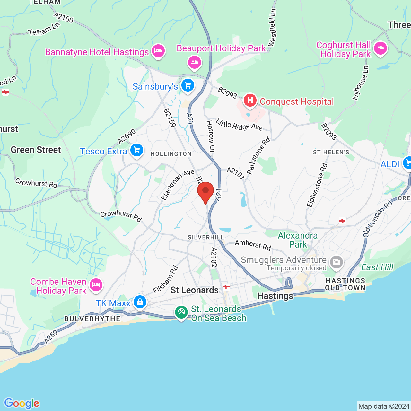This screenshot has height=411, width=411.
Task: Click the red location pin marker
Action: [205, 191]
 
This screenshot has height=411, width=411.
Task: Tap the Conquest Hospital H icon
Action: [250, 101]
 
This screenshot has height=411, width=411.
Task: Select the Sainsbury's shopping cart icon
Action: [188, 86]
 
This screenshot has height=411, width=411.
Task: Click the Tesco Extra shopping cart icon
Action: [137, 150]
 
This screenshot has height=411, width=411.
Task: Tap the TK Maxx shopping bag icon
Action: [140, 302]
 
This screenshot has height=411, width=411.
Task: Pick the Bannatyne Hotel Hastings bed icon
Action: [158, 51]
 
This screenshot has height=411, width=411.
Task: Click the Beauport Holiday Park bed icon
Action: [195, 62]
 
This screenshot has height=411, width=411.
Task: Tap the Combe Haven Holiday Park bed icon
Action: [96, 285]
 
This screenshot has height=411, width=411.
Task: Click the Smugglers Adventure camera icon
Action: [336, 262]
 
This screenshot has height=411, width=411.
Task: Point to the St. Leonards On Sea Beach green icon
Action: [181, 312]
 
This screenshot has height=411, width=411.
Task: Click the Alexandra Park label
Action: [298, 240]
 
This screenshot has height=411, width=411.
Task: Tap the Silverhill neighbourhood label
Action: [206, 237]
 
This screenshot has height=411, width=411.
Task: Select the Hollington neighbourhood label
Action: [171, 154]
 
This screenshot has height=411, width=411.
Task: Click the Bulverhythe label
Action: [92, 319]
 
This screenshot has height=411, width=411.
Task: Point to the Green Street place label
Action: [36, 150]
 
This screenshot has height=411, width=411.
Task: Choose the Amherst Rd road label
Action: [253, 245]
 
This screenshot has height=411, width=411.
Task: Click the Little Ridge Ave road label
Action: [239, 125]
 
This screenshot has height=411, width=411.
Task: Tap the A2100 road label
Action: [64, 18]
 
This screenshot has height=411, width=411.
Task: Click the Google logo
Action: [22, 403]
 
